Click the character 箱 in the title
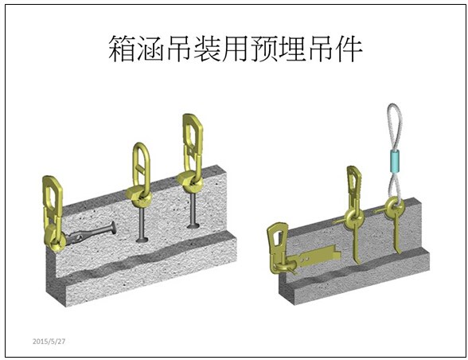click(122, 49)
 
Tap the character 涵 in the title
click(150, 49)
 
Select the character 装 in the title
click(207, 49)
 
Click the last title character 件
click(349, 49)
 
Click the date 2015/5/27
click(49, 341)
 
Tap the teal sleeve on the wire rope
click(395, 162)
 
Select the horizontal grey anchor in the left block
click(91, 233)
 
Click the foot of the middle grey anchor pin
click(142, 239)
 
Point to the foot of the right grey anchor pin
click(193, 226)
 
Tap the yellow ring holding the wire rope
click(394, 207)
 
